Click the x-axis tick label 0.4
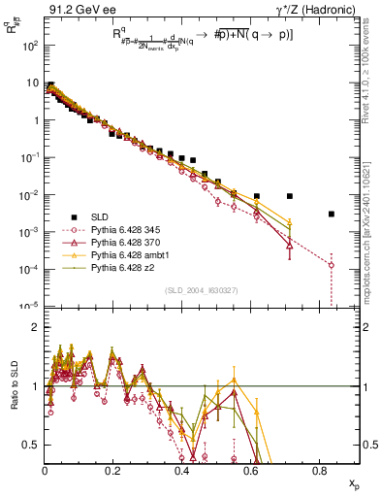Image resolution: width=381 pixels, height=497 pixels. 182,470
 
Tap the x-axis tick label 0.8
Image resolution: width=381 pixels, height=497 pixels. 320,470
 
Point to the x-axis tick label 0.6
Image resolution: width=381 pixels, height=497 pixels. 251,470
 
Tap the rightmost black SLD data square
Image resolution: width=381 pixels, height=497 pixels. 332,215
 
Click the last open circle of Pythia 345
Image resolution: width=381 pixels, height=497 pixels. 332,265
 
